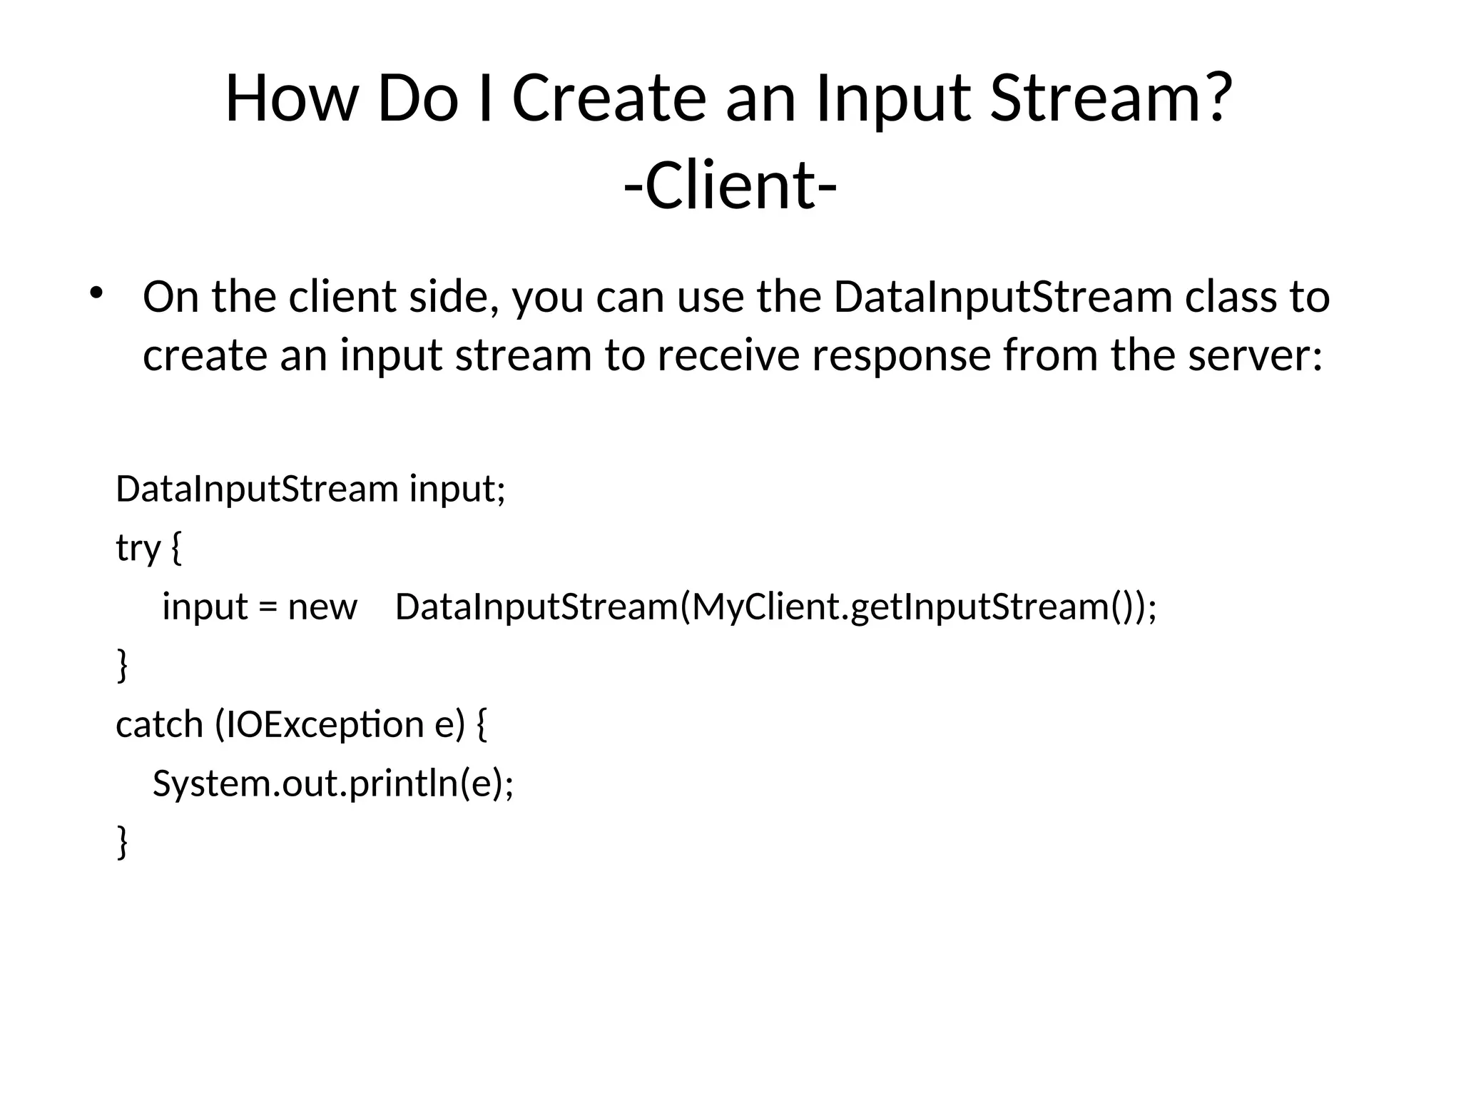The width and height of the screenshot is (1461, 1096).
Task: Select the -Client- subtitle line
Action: [x=730, y=186]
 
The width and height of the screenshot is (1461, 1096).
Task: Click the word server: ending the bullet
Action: [x=1255, y=355]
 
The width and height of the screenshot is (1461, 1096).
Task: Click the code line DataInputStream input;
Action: [x=310, y=489]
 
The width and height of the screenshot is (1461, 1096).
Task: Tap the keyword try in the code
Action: [x=138, y=549]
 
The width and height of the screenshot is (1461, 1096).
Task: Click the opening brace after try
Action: [x=177, y=549]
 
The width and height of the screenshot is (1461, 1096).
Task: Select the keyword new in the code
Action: [x=322, y=607]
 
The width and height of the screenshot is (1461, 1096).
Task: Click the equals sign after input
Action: [x=267, y=609]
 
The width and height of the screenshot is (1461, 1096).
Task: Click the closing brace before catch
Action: [x=122, y=665]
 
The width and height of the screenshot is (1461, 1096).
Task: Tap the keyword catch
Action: [x=159, y=725]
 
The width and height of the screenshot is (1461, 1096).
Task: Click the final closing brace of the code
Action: [x=122, y=842]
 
